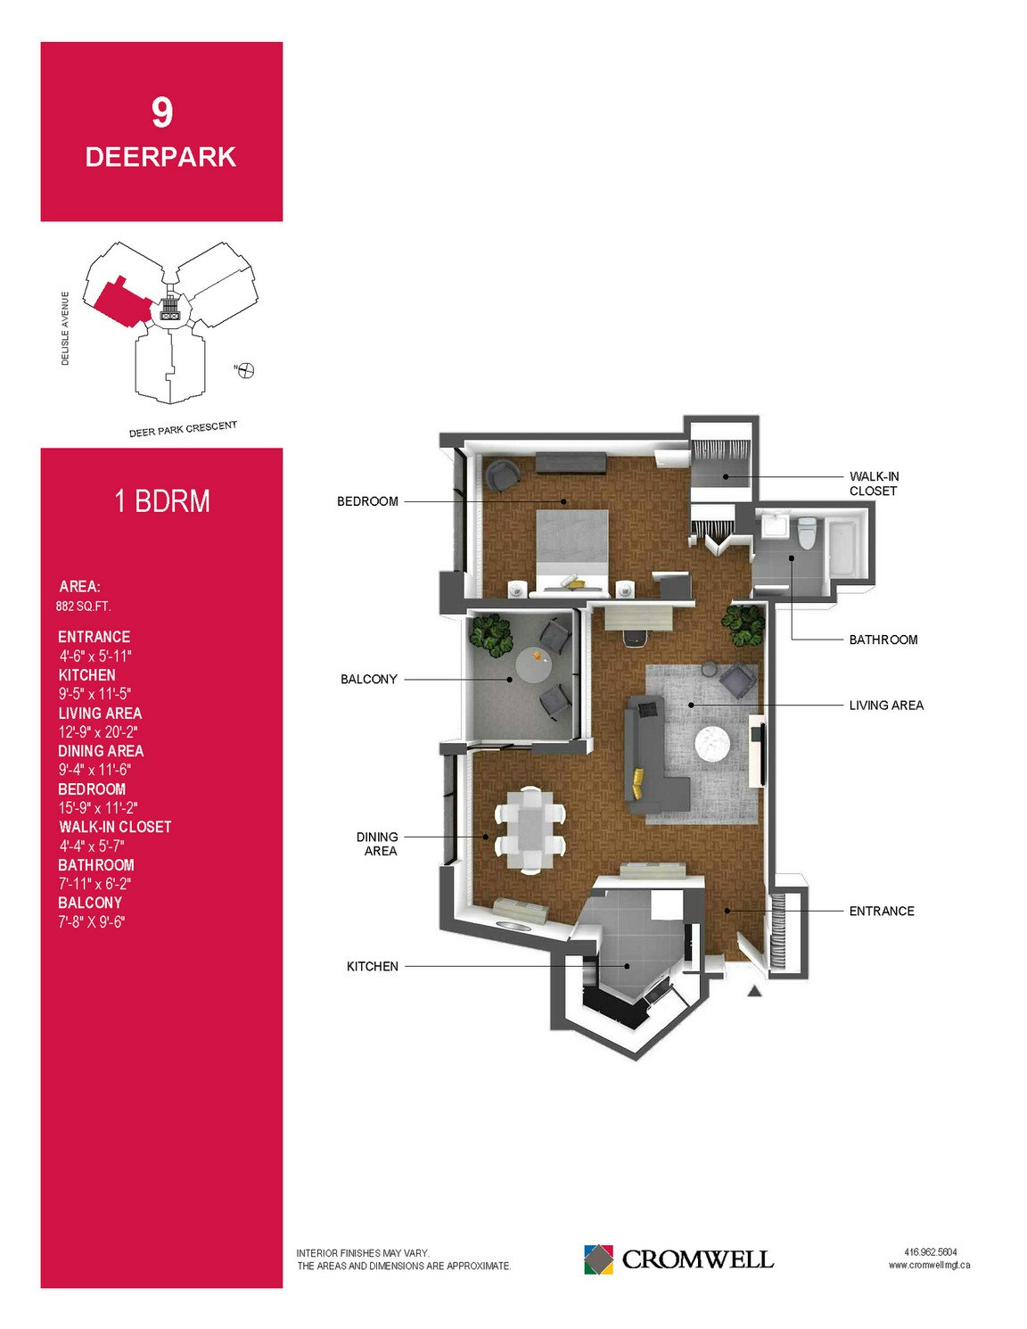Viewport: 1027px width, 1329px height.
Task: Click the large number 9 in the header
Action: [162, 113]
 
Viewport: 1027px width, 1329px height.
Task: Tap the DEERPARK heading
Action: [160, 157]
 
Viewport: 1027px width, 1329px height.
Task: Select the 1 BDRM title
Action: [162, 501]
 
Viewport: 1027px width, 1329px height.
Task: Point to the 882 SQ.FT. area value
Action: [83, 607]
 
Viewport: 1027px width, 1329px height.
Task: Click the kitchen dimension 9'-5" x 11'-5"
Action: [94, 694]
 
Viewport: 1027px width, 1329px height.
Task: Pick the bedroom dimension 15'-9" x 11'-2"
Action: [97, 807]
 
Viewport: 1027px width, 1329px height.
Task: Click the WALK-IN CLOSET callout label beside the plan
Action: [875, 483]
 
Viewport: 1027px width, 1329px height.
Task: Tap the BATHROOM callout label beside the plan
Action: [883, 640]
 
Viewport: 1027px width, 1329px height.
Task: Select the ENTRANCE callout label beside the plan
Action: [882, 911]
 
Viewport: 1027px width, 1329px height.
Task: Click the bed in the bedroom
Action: [572, 552]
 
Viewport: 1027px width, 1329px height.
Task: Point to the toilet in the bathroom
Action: [807, 532]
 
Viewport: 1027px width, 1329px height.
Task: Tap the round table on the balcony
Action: [535, 666]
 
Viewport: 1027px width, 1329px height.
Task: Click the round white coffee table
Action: [713, 743]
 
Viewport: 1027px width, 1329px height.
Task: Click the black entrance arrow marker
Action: [755, 992]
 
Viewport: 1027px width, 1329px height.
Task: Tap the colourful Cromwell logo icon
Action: [598, 1259]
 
